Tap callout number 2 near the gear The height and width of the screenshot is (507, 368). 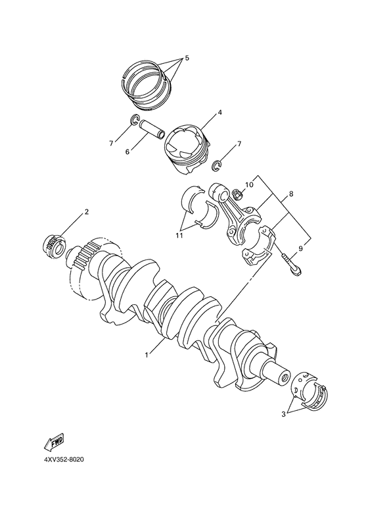point(86,212)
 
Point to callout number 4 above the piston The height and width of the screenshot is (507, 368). point(219,112)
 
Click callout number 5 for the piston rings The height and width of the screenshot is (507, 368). point(186,59)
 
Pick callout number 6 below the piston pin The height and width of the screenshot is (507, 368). point(128,152)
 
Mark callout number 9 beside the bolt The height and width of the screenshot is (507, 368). point(301,249)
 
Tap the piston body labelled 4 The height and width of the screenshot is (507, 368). point(187,148)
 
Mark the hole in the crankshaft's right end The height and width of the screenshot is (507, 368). point(284,378)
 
